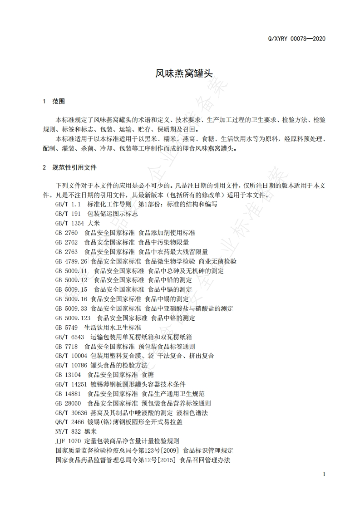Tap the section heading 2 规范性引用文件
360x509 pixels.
click(x=69, y=167)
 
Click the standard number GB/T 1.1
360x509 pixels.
click(x=68, y=204)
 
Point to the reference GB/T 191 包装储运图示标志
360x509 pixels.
click(x=96, y=214)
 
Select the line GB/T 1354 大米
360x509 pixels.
click(x=78, y=223)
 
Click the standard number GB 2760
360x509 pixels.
click(x=66, y=233)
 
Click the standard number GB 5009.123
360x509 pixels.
click(x=73, y=318)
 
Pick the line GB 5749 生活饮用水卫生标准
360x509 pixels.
click(x=98, y=328)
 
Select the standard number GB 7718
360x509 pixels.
click(x=66, y=347)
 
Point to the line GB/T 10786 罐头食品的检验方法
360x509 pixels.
click(x=101, y=365)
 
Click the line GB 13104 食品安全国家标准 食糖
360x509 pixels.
click(x=104, y=375)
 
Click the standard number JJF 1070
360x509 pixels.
click(x=68, y=441)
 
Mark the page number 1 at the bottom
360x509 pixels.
click(x=324, y=474)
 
